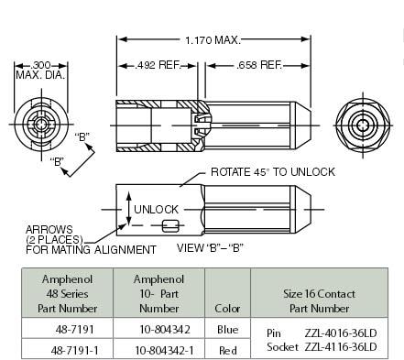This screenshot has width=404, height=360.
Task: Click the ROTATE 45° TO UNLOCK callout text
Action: click(x=272, y=171)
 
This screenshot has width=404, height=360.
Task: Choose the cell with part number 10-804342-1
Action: click(x=157, y=349)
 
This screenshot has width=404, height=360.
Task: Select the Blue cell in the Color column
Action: click(x=227, y=329)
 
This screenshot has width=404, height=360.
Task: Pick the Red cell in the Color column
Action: click(x=227, y=349)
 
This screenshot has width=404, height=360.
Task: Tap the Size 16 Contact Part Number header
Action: click(x=320, y=294)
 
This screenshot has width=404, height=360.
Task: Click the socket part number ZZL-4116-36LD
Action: click(x=340, y=346)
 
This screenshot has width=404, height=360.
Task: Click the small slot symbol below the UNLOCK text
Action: click(x=169, y=226)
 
